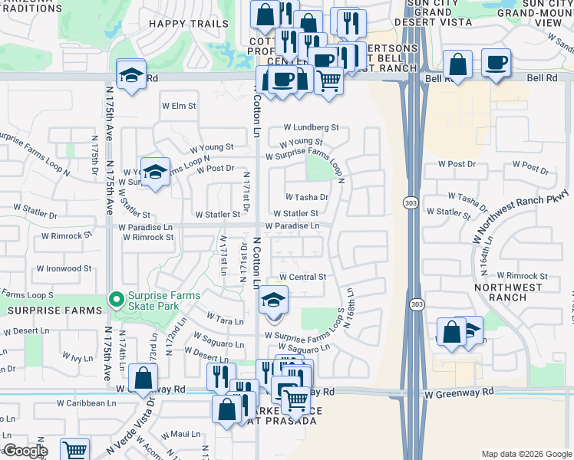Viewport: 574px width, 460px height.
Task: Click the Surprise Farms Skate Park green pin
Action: point(116,298)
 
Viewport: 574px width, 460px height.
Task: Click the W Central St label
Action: point(302,277)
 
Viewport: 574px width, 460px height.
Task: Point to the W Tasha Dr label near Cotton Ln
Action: point(307,197)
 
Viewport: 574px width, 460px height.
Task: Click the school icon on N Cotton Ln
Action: point(272,300)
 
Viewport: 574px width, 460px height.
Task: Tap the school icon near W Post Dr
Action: point(155,172)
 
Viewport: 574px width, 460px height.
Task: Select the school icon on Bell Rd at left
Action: point(131,74)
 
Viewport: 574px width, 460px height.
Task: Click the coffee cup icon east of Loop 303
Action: point(496,62)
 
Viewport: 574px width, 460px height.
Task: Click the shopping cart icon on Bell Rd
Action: point(328,79)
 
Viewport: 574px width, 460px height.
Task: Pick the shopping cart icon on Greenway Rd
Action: point(295,399)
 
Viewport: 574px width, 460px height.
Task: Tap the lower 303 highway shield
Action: point(415,304)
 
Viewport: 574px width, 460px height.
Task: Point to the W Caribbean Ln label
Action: point(85,402)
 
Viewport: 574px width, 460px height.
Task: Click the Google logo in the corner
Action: point(25,451)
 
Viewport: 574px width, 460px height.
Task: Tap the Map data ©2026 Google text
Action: point(525,454)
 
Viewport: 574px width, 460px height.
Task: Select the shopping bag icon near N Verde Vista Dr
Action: point(143,377)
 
